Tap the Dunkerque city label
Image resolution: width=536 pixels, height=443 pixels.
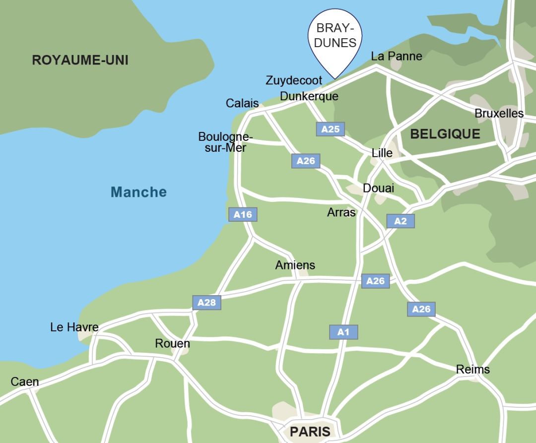tap(309, 96)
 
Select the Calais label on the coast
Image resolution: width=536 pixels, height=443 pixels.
tap(242, 103)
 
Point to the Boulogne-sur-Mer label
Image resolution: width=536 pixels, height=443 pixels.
tap(225, 142)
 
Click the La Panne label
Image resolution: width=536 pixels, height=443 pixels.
tap(397, 56)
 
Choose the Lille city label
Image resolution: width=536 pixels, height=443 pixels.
tap(382, 153)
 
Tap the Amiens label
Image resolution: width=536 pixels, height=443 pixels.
tap(295, 265)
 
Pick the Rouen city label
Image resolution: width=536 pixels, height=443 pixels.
tap(172, 343)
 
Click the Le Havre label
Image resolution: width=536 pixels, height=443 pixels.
tap(74, 327)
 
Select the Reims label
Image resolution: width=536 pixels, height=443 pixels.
tap(472, 370)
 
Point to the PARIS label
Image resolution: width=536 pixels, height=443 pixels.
tap(310, 432)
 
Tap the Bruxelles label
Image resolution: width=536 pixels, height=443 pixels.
tap(499, 114)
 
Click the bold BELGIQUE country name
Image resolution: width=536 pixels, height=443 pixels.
tap(445, 134)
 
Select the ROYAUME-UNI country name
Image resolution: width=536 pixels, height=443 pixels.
tap(80, 61)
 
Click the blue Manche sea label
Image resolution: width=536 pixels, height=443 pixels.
tap(138, 192)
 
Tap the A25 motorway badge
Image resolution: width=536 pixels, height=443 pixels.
tap(330, 129)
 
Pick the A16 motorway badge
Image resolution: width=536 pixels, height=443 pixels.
tap(243, 214)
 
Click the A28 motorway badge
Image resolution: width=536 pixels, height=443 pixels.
tap(206, 303)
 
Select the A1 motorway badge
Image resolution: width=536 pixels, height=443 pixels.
tap(343, 332)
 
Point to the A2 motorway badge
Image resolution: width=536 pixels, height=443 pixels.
tap(400, 221)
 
